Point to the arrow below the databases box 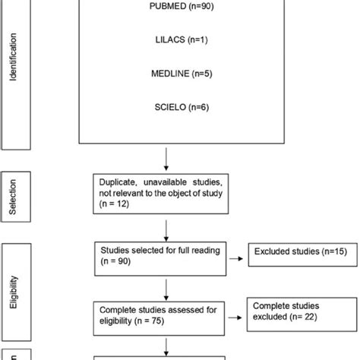click(167, 161)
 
